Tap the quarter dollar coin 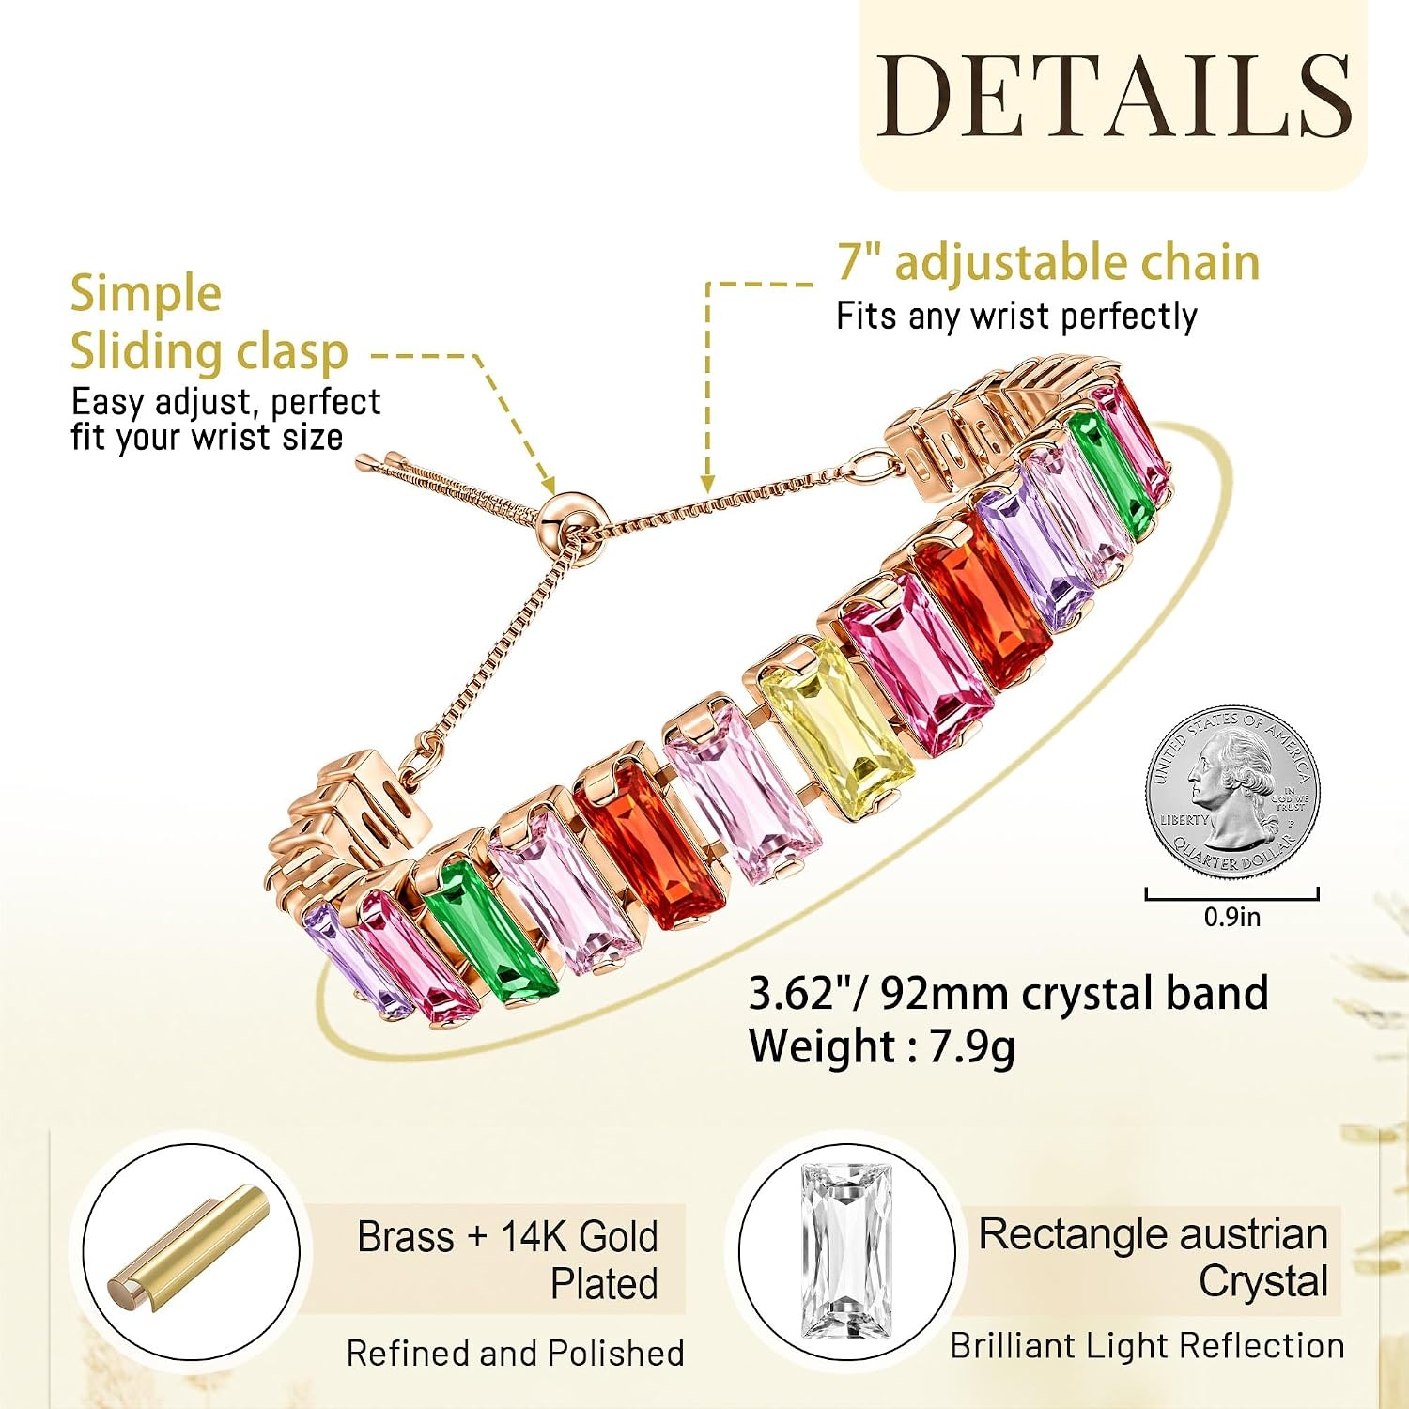[x=1232, y=792]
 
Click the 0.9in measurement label [x=1232, y=917]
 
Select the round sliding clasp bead [x=572, y=515]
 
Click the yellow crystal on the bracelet [x=833, y=724]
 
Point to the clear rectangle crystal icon [x=846, y=1249]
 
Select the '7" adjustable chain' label [x=1048, y=262]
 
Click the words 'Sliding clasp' [x=209, y=352]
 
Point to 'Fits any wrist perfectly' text [x=1016, y=317]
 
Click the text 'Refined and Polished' [x=515, y=1354]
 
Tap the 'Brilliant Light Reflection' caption [x=1147, y=1346]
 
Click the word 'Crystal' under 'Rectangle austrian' [x=1262, y=1282]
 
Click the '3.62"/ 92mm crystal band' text [x=1008, y=995]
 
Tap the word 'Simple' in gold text [x=146, y=294]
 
